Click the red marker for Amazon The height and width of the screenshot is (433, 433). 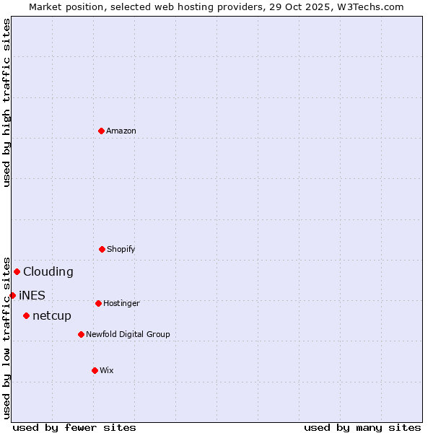coord(101,131)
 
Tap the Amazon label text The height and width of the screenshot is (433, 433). coord(121,131)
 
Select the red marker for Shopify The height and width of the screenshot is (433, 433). coord(102,249)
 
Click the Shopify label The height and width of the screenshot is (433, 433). coord(121,250)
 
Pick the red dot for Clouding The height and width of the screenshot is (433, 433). coord(17,271)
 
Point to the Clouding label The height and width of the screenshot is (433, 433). coord(48,272)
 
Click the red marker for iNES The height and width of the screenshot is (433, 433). coord(12,295)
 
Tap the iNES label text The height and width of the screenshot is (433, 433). coord(32,296)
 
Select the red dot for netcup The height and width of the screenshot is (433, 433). coord(26,315)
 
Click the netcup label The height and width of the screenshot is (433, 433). coord(52,316)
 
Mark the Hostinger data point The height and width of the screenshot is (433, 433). coord(98,303)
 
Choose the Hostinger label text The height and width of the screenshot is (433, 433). coord(121,304)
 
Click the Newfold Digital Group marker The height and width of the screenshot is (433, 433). coord(81,334)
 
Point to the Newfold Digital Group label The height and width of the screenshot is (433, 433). coord(128,335)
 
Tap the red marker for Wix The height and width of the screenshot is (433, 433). coord(95,370)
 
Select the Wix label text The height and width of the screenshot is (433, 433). coord(107,371)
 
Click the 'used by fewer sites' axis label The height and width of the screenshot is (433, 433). coord(74,427)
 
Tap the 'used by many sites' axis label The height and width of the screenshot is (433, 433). coord(362,427)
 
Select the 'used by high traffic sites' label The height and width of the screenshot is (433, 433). coord(7,102)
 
